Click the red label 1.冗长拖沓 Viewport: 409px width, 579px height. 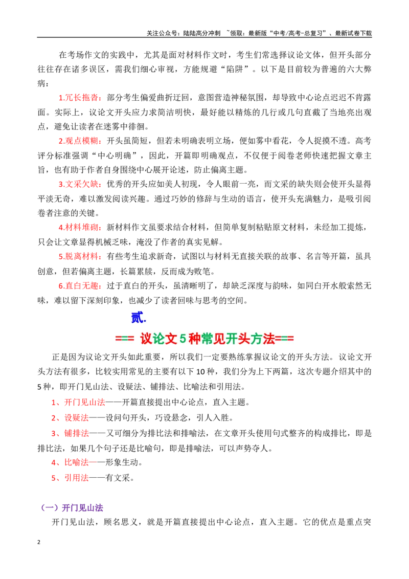coord(79,98)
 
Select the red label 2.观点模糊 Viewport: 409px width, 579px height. coord(79,141)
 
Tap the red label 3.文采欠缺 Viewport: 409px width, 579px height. coord(79,184)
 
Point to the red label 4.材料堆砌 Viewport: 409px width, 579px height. coord(79,228)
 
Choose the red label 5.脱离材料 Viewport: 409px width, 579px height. coord(79,256)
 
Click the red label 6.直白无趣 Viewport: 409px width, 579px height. coord(79,285)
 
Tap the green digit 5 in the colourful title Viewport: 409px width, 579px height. coord(183,339)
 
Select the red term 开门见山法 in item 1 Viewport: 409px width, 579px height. coord(84,402)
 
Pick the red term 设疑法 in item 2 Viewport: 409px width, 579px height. coord(76,418)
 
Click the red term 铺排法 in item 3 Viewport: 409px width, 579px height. coord(76,433)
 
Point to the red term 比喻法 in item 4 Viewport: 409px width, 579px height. coord(76,462)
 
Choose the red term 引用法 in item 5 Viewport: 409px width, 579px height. coord(76,478)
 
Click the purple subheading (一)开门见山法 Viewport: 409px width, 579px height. coord(72,508)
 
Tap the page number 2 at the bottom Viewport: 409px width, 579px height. coord(39,542)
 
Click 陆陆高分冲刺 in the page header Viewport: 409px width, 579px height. coord(202,33)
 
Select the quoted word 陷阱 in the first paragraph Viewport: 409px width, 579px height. coord(235,69)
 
